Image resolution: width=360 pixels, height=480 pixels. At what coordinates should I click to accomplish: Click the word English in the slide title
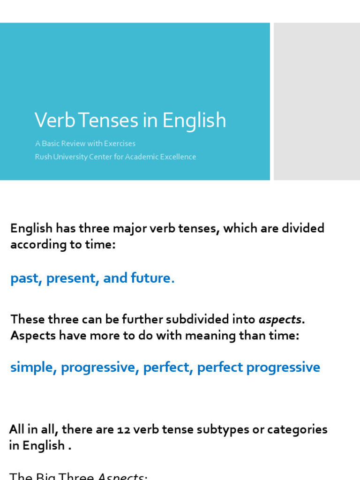coord(194,121)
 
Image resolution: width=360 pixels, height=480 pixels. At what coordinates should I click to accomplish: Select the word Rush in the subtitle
coord(43,157)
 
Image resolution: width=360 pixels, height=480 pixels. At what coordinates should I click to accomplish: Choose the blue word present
coord(71,278)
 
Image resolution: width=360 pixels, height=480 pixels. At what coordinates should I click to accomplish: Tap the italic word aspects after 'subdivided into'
coord(280,320)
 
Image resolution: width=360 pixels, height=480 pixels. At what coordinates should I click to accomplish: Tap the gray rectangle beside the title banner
coord(317,101)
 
